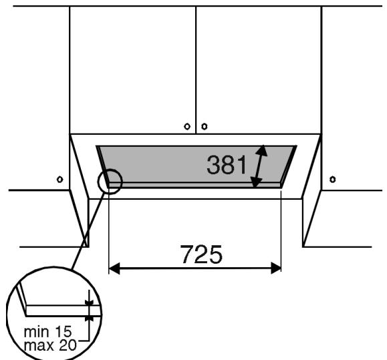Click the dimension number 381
[x=227, y=164]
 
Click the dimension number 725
[x=201, y=254]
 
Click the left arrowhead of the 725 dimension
[x=114, y=268]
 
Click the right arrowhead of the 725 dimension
[x=275, y=268]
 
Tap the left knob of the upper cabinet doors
[x=187, y=126]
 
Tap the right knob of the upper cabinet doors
[x=204, y=126]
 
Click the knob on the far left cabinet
[x=59, y=179]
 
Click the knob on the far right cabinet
[x=332, y=179]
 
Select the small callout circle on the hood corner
[x=110, y=181]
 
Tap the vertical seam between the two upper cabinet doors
[x=196, y=67]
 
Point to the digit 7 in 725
[x=186, y=254]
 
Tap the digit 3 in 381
[x=213, y=164]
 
